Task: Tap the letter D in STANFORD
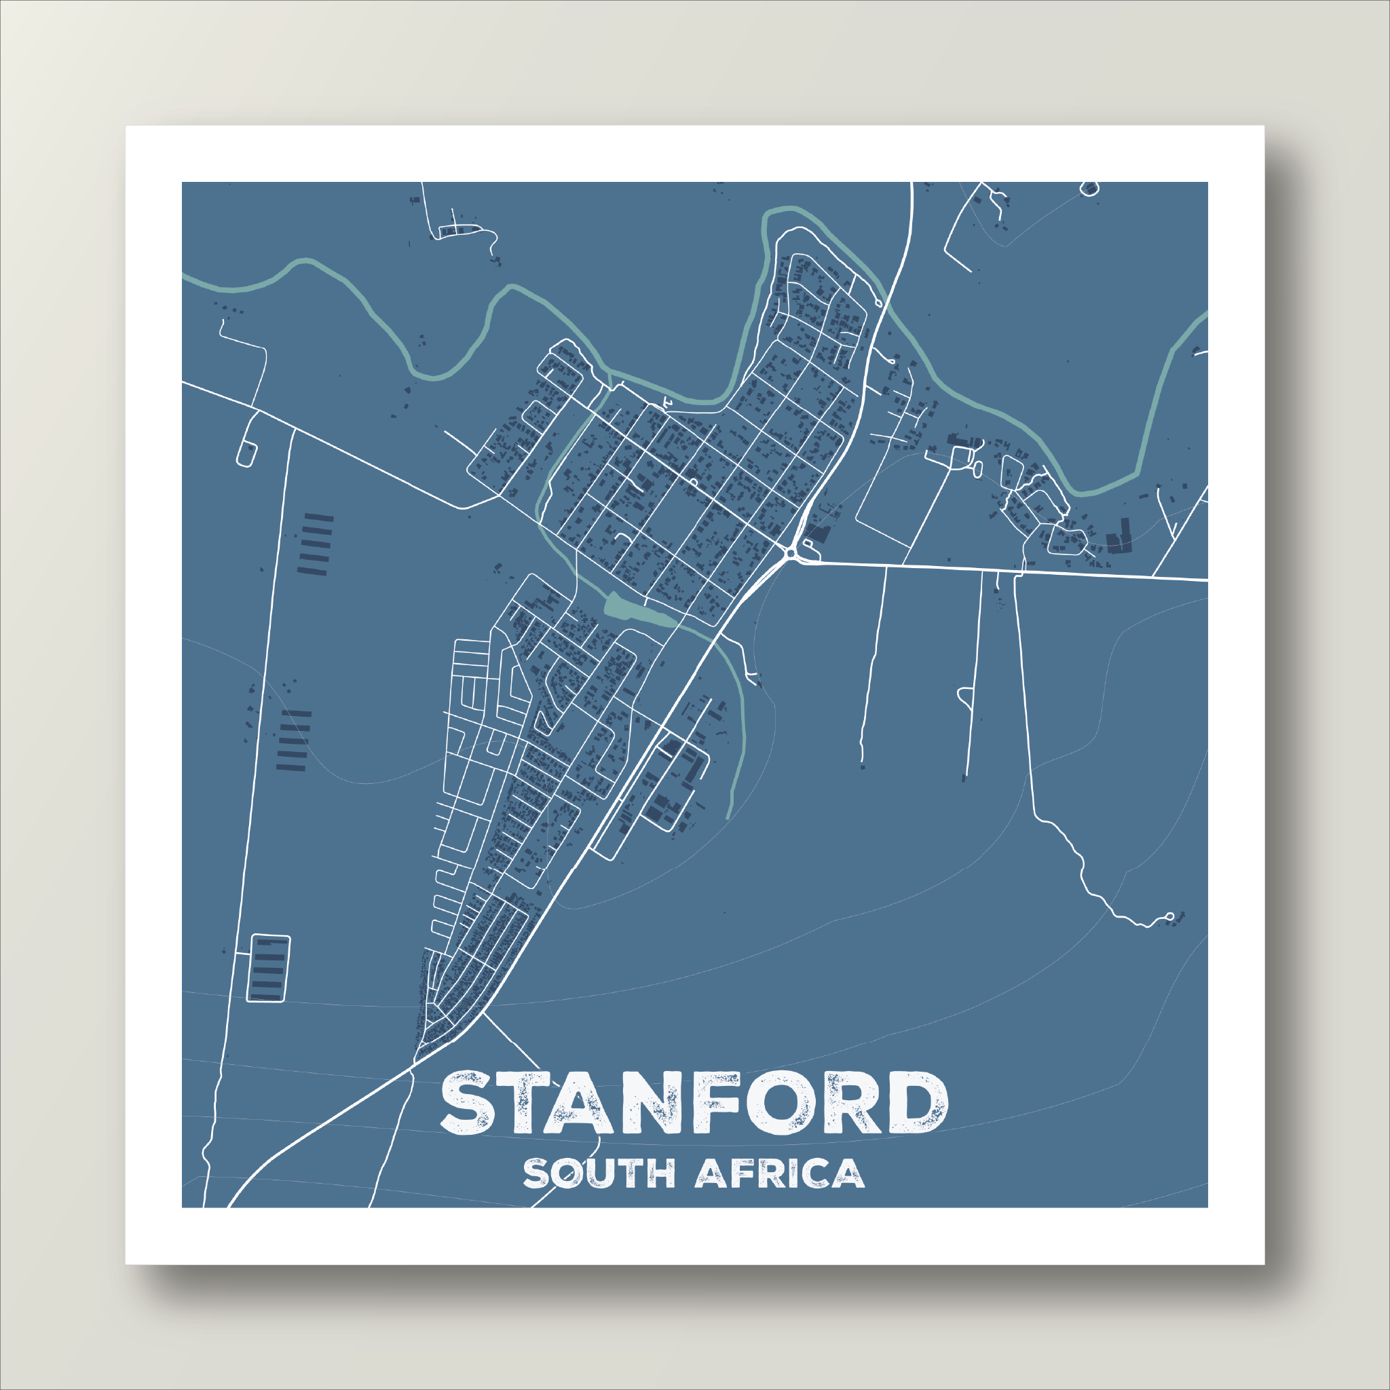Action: pos(915,1104)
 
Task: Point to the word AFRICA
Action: pos(779,1173)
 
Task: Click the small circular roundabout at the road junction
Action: pos(791,552)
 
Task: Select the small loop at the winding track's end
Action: pos(1169,916)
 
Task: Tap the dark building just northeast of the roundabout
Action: pos(819,534)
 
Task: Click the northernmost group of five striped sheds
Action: pos(315,544)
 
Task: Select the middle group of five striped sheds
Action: pos(293,740)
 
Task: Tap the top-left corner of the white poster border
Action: pos(127,127)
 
